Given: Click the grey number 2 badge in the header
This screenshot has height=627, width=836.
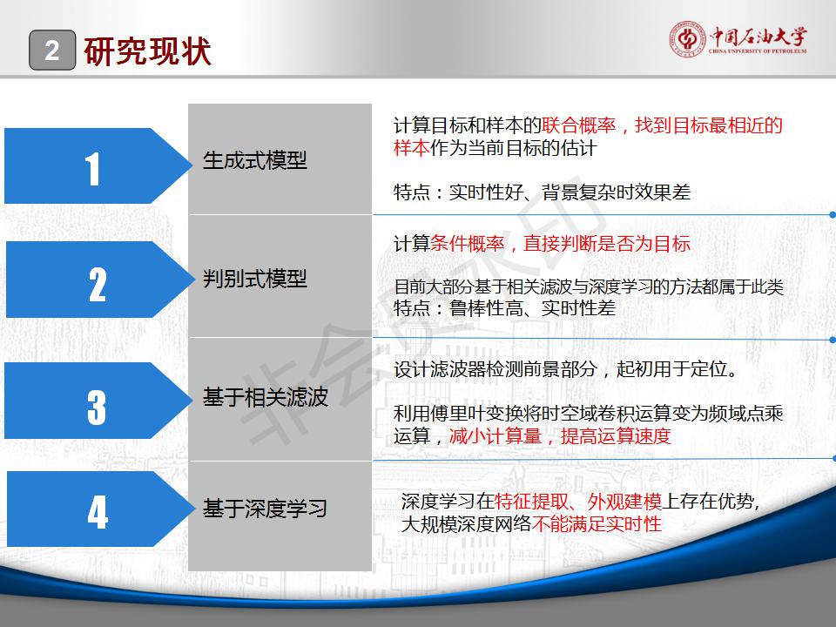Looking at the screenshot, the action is (x=52, y=51).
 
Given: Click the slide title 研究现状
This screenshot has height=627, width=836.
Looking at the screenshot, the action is (x=147, y=51).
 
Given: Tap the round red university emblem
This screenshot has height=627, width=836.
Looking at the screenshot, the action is (x=687, y=39).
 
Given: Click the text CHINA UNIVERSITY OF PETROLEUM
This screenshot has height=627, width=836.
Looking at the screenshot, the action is (x=758, y=51).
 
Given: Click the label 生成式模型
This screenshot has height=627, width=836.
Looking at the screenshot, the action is (x=255, y=160).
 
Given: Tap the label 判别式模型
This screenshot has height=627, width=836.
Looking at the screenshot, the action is (x=255, y=279).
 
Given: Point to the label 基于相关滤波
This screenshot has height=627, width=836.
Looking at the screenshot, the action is (x=265, y=397).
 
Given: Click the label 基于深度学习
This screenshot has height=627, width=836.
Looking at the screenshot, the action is (x=265, y=508).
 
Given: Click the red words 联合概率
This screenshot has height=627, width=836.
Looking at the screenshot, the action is (x=579, y=125).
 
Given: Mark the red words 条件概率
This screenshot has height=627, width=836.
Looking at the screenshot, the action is (x=467, y=244).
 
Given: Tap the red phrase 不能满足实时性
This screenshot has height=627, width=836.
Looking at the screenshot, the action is (x=597, y=524).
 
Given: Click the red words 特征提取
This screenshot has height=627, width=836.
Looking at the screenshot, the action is (x=531, y=502).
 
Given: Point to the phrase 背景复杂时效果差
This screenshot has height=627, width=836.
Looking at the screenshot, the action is (x=616, y=192).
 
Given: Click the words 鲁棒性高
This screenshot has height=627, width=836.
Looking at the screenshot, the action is (x=486, y=308).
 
